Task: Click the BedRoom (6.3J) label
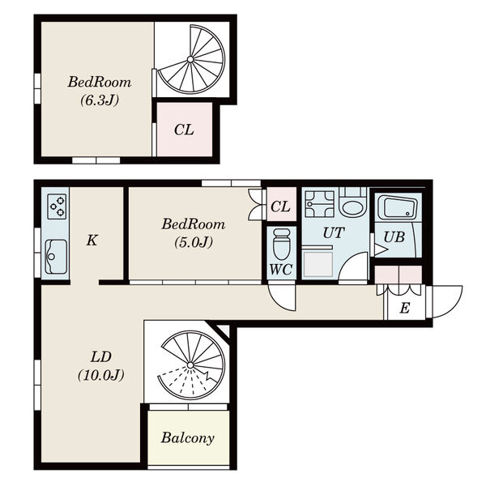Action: pos(100,91)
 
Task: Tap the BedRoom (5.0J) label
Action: pos(194,233)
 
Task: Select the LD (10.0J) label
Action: pos(101,366)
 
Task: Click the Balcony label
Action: pos(188,438)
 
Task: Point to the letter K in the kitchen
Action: pos(92,241)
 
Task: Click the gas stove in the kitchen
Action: pos(57,207)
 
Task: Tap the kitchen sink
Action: pos(56,257)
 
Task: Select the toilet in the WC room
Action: pos(281,244)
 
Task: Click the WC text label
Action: pos(281,269)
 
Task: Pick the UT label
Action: pos(334,233)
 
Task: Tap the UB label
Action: pos(394,237)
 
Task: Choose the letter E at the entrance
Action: pos(404,308)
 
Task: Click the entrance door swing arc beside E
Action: pos(455,307)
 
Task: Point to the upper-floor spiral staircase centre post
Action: pos(190,59)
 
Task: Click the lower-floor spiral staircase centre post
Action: pos(190,364)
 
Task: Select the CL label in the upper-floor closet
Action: pos(184,130)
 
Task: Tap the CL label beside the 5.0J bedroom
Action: pos(280,207)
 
